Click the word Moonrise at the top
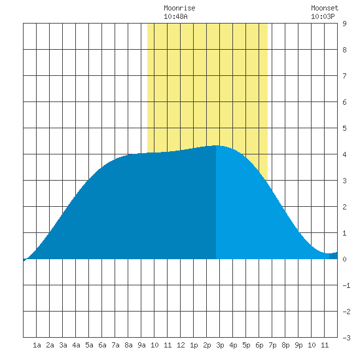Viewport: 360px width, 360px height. coord(179,8)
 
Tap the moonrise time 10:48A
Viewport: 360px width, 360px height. coord(175,16)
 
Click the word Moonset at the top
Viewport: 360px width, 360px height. coord(325,8)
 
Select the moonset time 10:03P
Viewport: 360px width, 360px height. coord(323,16)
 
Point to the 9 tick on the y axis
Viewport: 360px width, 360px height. coord(344,24)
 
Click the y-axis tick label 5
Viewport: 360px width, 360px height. coord(344,128)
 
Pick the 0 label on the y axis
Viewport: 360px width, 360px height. coord(344,259)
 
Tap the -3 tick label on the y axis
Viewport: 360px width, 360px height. coord(346,338)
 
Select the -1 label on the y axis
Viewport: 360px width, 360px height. coord(346,285)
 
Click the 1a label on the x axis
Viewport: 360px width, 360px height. coord(37,345)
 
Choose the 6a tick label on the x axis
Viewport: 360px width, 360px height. coord(102,345)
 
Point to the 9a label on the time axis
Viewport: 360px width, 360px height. coord(141,345)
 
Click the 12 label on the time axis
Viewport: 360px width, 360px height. coord(181,345)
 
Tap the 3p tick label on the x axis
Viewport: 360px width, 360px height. coord(220,345)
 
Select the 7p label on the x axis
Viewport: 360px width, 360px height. coord(272,345)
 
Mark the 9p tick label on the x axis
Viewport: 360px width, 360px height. coord(298,345)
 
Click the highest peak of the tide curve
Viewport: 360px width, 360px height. coord(216,145)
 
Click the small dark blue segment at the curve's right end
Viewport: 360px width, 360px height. coord(333,255)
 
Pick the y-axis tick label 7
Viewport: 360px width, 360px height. coord(344,76)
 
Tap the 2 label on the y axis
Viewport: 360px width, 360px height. coord(344,207)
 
